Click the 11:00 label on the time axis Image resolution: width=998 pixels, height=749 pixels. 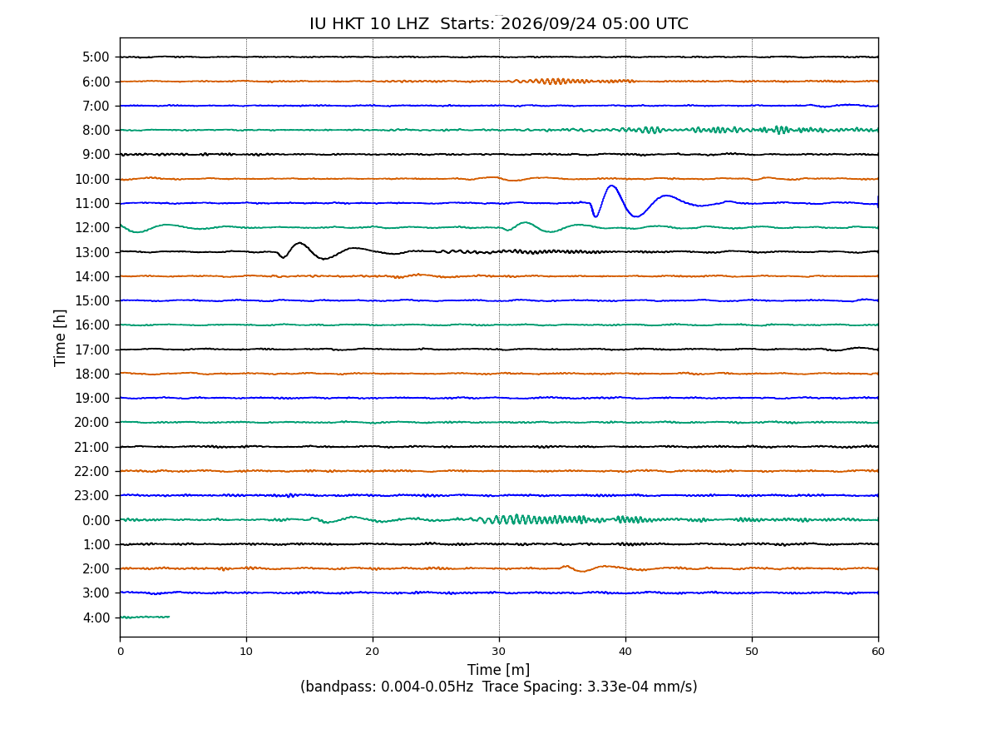(x=92, y=203)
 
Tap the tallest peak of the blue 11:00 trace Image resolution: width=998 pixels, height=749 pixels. (x=611, y=186)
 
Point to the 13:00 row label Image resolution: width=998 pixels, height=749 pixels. (x=92, y=252)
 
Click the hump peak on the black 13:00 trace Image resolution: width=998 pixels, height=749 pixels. (x=299, y=243)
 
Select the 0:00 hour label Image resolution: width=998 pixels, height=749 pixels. (x=96, y=520)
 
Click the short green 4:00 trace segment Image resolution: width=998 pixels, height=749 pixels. (x=145, y=618)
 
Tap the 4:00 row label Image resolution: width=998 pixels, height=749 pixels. (x=96, y=618)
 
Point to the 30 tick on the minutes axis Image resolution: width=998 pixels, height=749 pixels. (x=499, y=652)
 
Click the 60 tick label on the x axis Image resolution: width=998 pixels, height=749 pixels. (x=878, y=652)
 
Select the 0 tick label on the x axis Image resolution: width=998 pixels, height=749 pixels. (x=120, y=652)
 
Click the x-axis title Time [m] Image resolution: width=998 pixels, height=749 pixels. (x=498, y=670)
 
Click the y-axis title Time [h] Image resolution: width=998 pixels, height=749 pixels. (x=60, y=337)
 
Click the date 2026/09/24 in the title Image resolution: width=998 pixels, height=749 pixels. (x=548, y=23)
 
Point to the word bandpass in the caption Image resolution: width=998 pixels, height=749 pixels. (x=340, y=687)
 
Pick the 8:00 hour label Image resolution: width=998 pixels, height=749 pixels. (x=96, y=131)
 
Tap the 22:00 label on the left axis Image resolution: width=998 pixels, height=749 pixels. (x=92, y=471)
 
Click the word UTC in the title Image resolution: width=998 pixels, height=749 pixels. (x=671, y=23)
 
